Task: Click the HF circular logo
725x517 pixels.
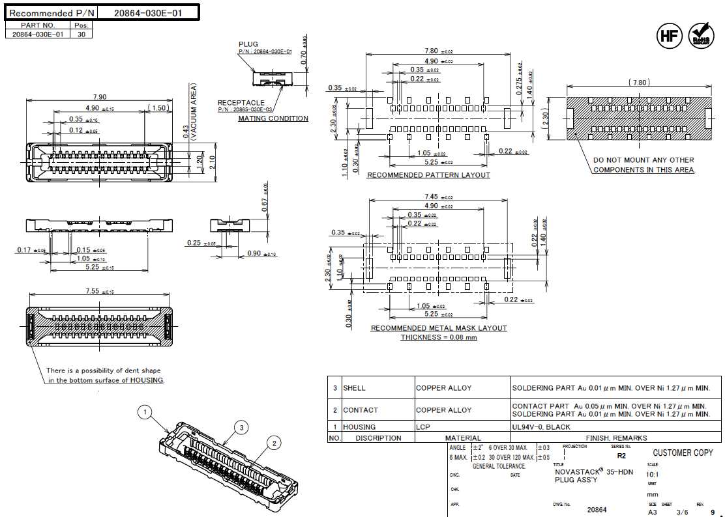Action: [669, 35]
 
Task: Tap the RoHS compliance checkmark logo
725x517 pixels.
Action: [702, 35]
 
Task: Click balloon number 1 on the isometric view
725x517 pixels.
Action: [145, 412]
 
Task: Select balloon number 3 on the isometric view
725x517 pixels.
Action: [242, 427]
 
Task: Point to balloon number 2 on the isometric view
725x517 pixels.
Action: [274, 443]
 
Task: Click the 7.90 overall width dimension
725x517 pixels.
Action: [99, 97]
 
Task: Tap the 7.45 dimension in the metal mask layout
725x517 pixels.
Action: [431, 197]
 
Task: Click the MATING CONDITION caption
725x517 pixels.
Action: [273, 119]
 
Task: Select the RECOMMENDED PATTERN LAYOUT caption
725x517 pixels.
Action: [428, 175]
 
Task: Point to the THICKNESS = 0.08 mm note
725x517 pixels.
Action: [438, 337]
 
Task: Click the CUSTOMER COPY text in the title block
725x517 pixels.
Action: [683, 453]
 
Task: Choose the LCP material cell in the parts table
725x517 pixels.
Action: [424, 427]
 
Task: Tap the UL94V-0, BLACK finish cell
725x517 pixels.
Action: [541, 427]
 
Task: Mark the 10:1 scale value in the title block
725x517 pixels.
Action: [653, 474]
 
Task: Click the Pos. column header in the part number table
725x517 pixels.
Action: [81, 25]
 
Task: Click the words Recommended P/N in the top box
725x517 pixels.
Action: [52, 13]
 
